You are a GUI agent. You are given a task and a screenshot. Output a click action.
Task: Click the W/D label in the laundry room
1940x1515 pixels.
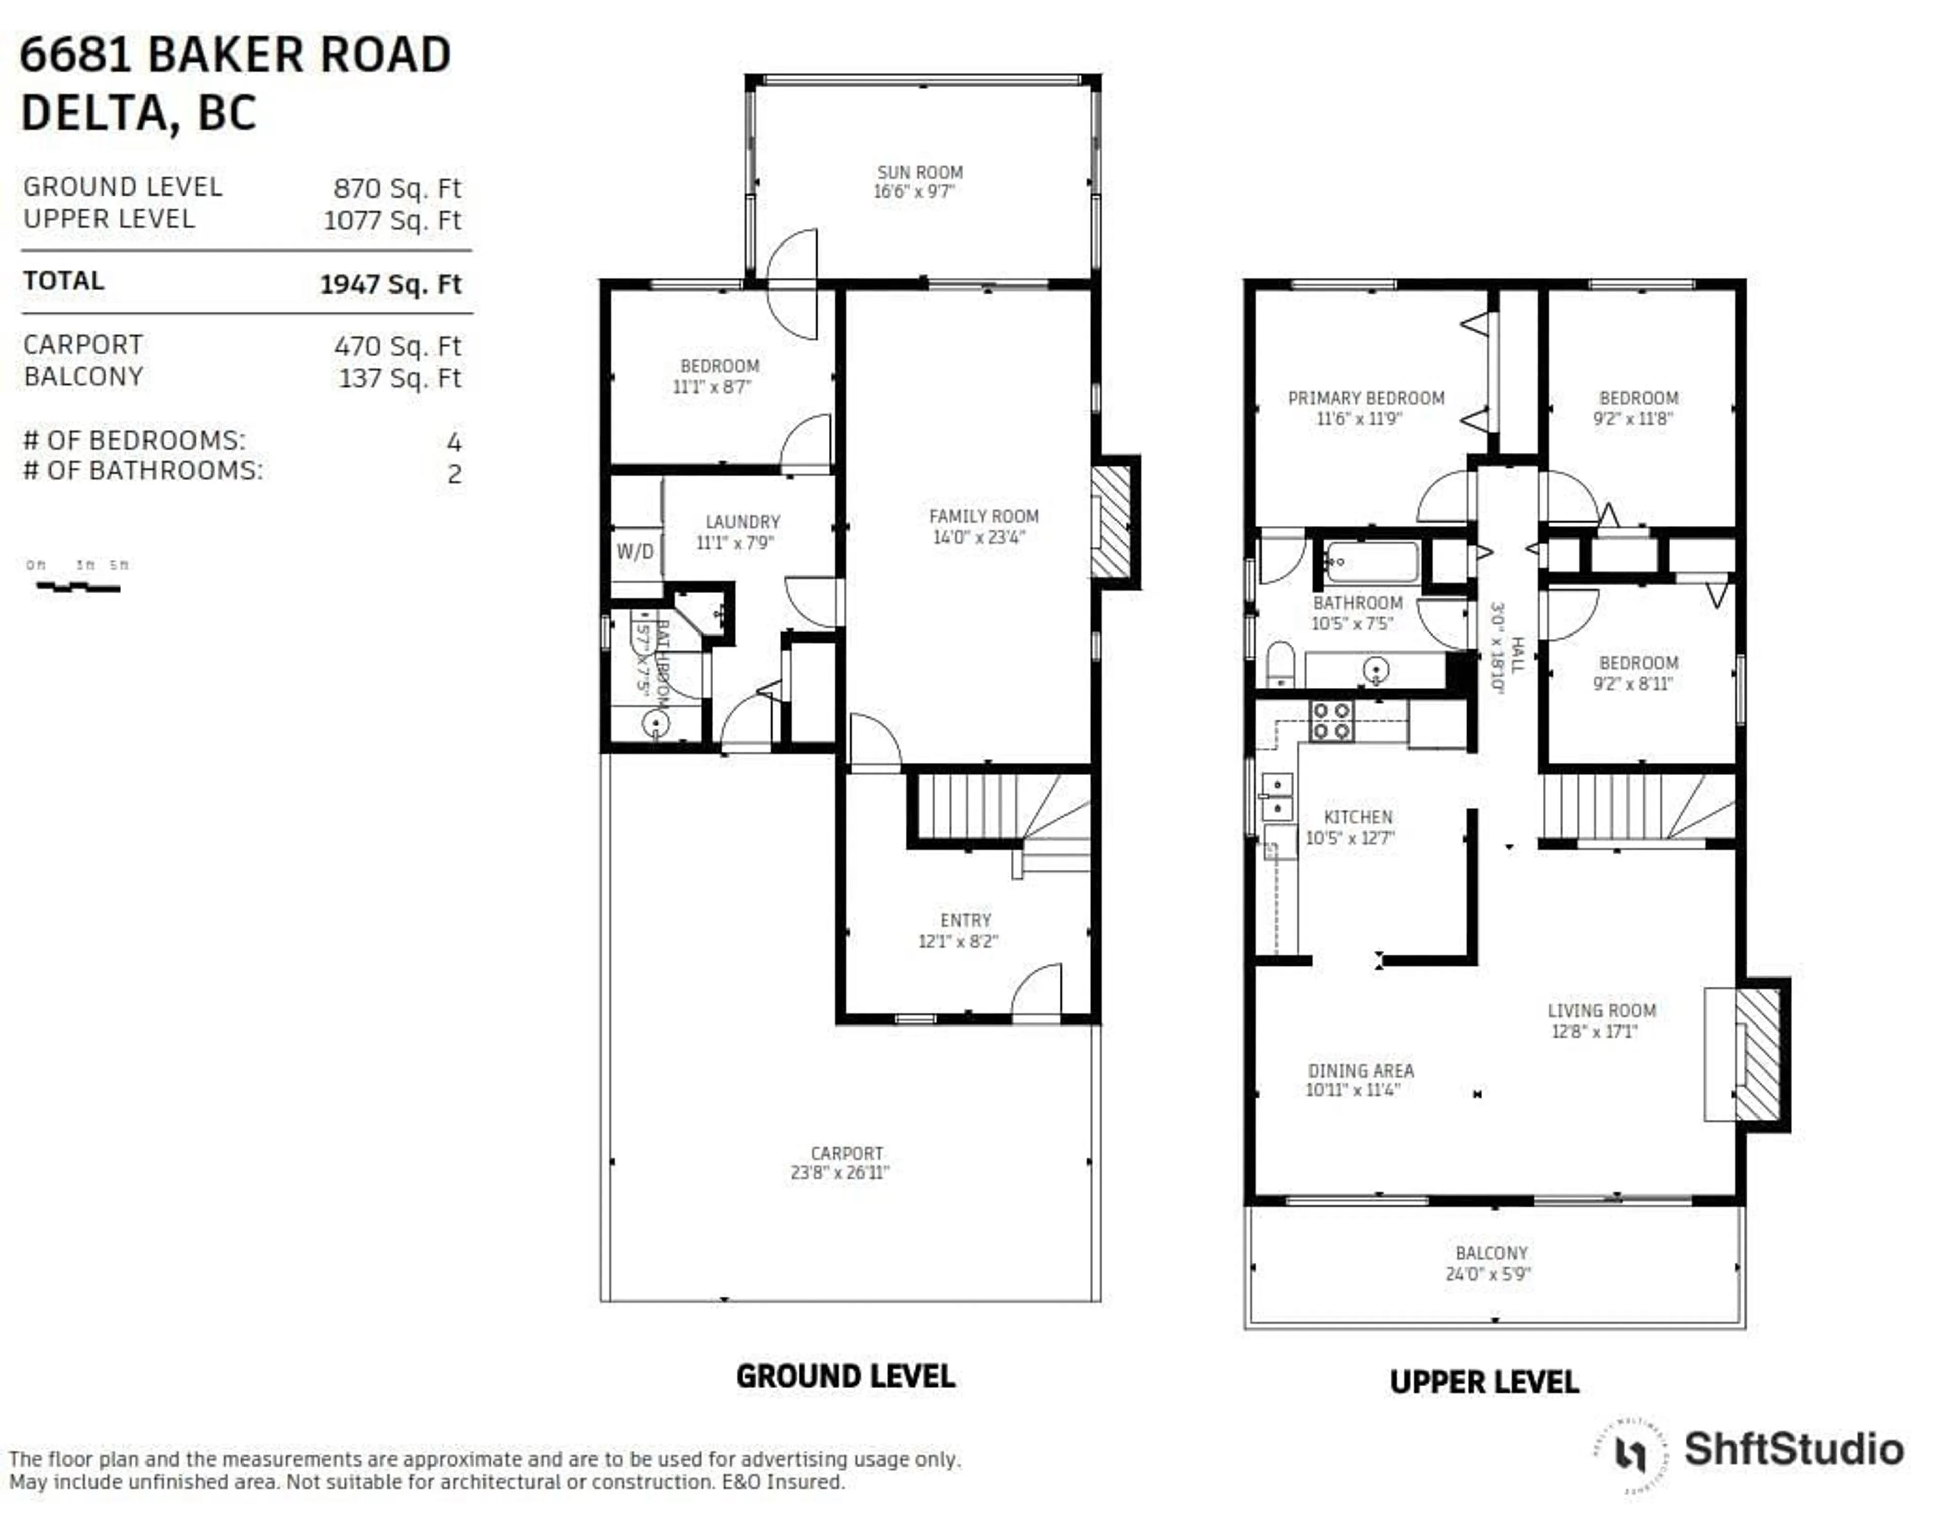(x=635, y=552)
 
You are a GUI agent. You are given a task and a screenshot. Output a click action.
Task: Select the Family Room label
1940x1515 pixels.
(x=983, y=516)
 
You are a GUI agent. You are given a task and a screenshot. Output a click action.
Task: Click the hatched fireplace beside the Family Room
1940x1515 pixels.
(x=1111, y=522)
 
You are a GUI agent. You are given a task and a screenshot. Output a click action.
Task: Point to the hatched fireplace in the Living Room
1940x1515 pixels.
(x=1757, y=1054)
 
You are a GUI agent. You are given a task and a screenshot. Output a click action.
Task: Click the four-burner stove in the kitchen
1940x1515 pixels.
(x=1332, y=721)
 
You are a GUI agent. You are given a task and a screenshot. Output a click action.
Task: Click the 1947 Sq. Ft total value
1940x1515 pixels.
(x=391, y=284)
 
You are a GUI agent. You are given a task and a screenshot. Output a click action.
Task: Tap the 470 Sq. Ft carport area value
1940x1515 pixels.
(x=397, y=346)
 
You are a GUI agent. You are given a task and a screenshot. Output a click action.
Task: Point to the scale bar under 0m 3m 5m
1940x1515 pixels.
(x=78, y=586)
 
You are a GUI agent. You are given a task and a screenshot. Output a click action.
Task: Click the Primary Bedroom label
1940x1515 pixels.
(x=1366, y=398)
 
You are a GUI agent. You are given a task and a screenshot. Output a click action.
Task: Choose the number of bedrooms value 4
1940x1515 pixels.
(x=454, y=442)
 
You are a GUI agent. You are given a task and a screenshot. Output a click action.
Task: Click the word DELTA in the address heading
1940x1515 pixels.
(x=93, y=113)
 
